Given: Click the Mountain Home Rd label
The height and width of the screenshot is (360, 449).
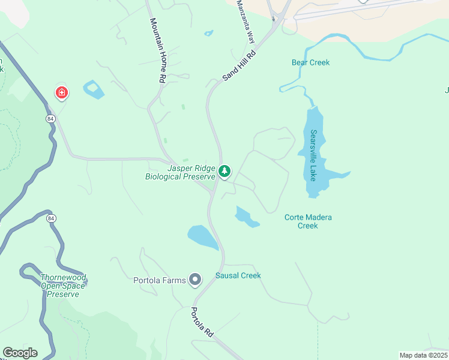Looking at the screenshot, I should click(157, 50).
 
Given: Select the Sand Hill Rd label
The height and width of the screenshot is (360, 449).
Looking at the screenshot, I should click(239, 65).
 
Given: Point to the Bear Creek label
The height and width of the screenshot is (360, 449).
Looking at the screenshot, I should click(310, 62).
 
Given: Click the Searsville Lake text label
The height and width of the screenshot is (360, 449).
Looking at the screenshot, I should click(313, 155).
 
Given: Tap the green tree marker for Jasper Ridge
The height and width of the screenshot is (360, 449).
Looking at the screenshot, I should click(224, 172).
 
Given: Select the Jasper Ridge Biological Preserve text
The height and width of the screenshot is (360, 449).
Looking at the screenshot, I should click(180, 173).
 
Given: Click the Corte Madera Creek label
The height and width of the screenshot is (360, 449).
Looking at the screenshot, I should click(307, 221).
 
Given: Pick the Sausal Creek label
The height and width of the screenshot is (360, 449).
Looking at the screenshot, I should click(238, 276).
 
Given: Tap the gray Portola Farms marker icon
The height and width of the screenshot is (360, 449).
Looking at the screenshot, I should click(194, 280).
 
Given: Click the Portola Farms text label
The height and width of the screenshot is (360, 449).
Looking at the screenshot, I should click(159, 280).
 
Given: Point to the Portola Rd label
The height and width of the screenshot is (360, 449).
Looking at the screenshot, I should click(202, 322).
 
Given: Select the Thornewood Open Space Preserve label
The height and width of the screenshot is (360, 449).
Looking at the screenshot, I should click(63, 286).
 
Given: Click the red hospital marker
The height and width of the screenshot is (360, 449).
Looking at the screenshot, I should click(61, 92).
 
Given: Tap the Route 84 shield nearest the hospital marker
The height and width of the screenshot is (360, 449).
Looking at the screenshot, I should click(50, 119).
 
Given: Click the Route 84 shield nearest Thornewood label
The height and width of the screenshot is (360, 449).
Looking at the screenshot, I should click(50, 218).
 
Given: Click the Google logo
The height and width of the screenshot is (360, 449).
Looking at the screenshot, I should click(19, 353).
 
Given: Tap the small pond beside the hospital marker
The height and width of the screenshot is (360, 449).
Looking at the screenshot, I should click(94, 90).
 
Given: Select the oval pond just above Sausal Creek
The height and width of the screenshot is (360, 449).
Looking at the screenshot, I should click(203, 237).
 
